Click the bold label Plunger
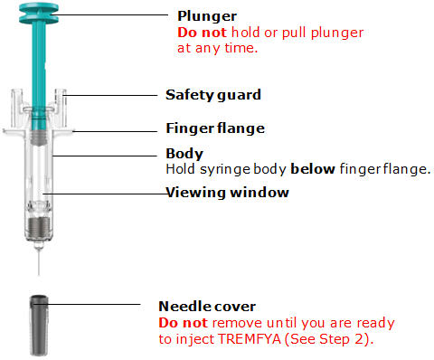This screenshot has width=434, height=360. tap(207, 16)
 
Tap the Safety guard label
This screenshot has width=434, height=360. tap(213, 95)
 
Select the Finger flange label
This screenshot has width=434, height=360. tap(215, 128)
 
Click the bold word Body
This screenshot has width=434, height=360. tap(184, 154)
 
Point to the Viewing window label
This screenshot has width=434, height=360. tap(227, 193)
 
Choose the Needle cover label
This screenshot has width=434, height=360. tap(207, 307)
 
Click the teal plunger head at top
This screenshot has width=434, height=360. tap(39, 14)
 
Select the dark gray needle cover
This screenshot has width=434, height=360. tap(39, 326)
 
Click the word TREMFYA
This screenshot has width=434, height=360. tap(250, 339)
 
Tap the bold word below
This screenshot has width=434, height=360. tap(313, 169)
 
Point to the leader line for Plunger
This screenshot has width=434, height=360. tap(108, 14)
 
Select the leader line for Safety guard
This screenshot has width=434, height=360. tap(110, 95)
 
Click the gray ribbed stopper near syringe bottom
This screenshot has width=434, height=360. tap(39, 227)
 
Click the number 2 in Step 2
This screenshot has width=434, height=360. tap(360, 339)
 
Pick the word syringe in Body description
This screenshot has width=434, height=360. tap(225, 169)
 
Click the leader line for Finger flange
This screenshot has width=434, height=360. tap(115, 131)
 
